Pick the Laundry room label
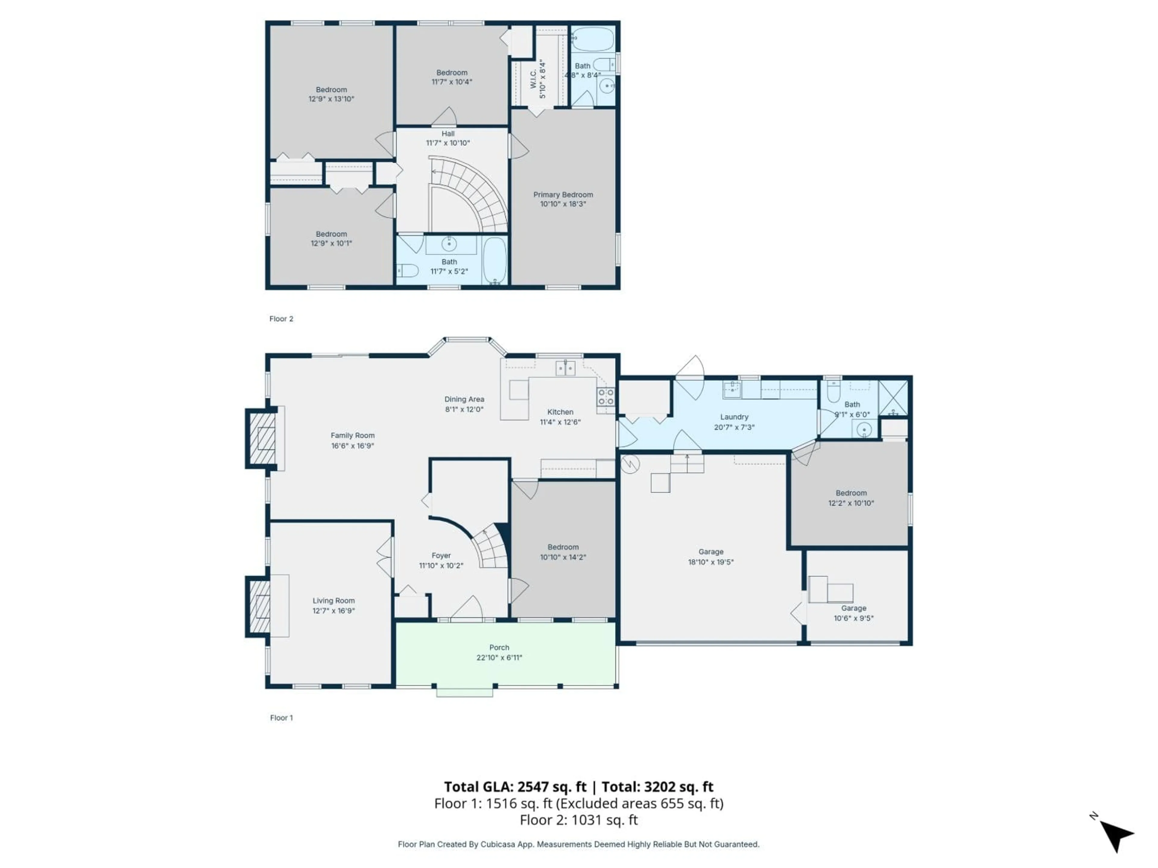(x=734, y=417)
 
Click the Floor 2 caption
(x=281, y=319)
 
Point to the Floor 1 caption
(x=281, y=718)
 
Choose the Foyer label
(x=441, y=556)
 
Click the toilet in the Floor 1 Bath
(x=834, y=392)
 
